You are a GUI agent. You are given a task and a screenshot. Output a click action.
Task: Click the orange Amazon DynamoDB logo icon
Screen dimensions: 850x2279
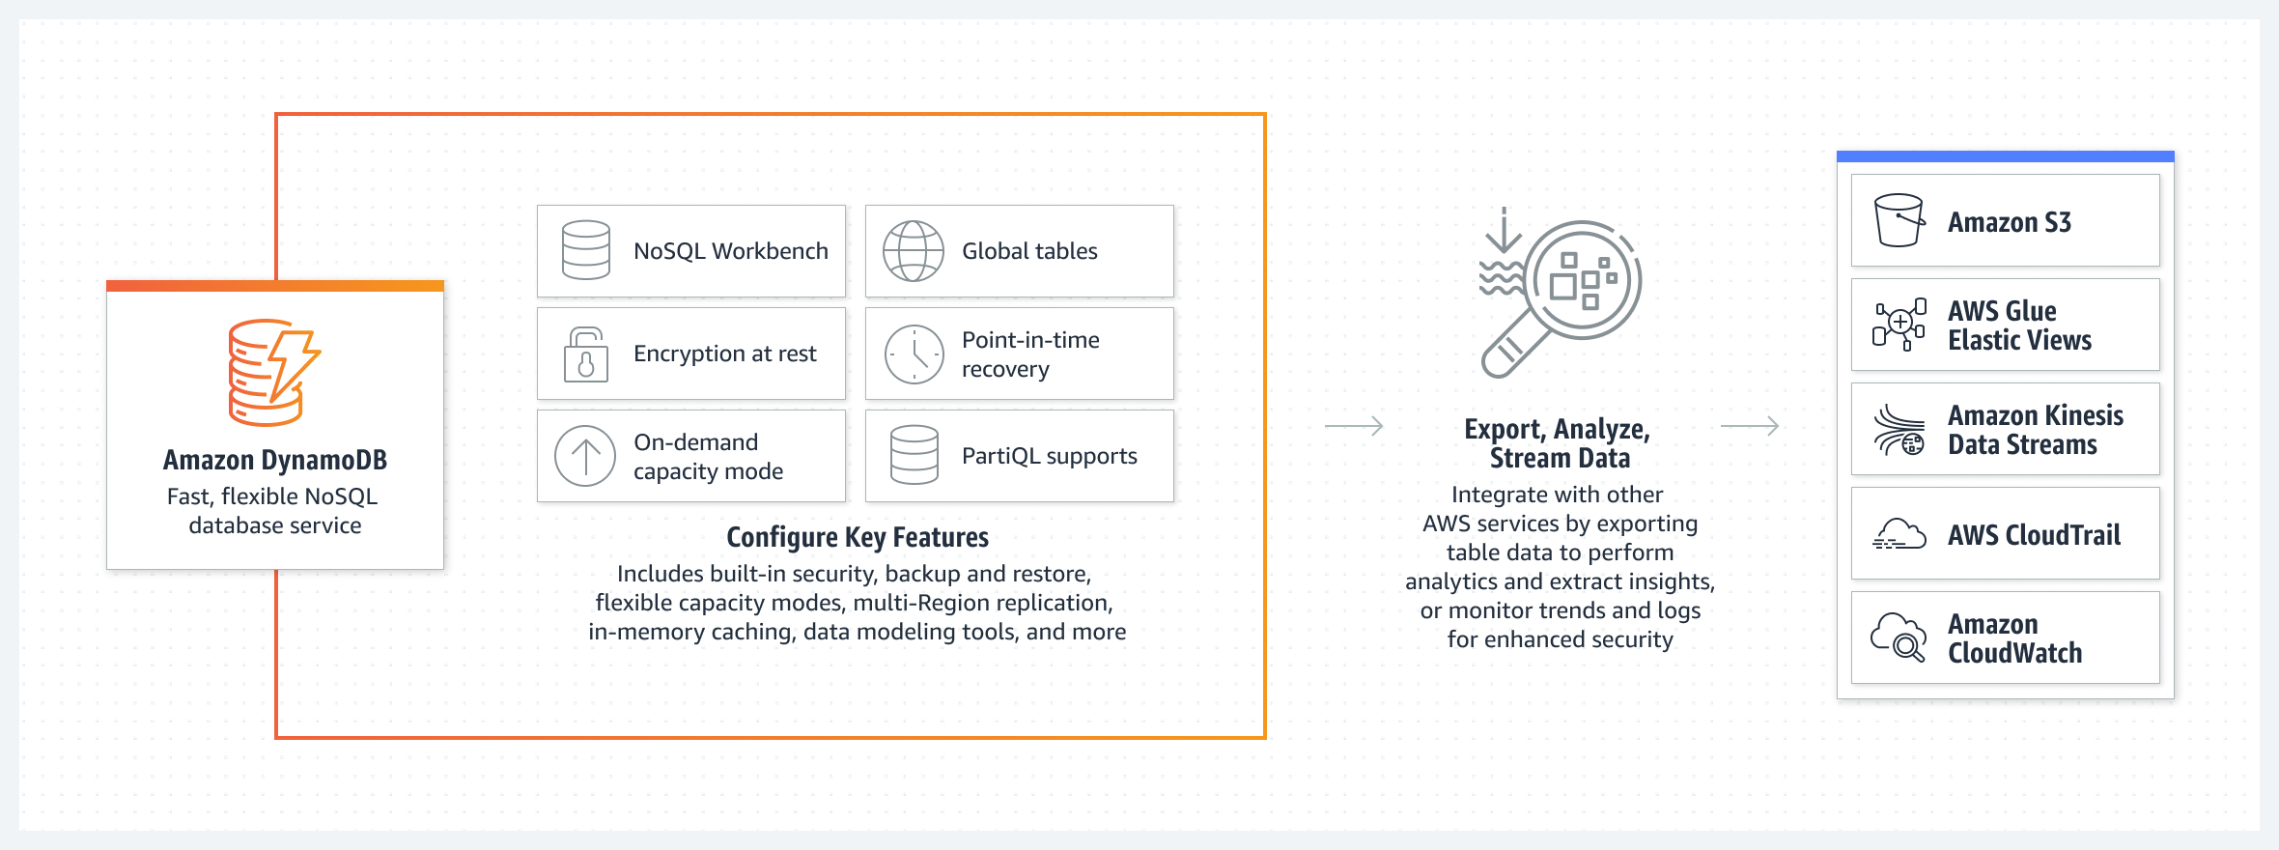coord(274,372)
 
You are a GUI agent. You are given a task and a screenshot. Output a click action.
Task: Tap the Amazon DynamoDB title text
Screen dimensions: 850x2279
coord(275,460)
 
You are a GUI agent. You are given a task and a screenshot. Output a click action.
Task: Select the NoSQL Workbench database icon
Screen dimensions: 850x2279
coord(586,250)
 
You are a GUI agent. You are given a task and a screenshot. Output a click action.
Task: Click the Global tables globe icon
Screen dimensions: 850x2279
coord(914,251)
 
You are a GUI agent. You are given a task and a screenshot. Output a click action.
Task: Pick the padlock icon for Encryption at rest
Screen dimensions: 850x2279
coord(586,354)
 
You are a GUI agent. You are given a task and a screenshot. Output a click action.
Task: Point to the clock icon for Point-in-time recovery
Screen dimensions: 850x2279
coord(914,354)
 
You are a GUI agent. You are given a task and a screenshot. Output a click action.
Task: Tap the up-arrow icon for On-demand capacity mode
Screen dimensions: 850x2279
coord(585,456)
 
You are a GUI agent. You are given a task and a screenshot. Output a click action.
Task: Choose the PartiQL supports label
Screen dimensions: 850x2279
coord(1049,456)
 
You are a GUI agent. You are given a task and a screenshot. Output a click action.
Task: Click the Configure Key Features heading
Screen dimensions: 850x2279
coord(858,537)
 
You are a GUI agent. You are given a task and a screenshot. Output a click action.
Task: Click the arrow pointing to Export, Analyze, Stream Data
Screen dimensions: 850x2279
coord(1354,426)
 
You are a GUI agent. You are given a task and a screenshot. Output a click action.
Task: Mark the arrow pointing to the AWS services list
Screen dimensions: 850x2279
coord(1750,426)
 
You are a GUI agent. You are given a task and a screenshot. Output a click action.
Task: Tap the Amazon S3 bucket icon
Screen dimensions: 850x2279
coord(1899,220)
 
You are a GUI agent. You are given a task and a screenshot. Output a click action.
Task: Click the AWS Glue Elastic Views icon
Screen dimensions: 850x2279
coord(1899,325)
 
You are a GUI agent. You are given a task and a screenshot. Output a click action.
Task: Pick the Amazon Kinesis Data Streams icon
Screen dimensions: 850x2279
coord(1899,430)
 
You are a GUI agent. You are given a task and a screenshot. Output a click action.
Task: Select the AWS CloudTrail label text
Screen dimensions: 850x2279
coord(2034,534)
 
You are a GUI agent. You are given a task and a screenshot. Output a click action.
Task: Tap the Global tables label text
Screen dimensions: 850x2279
coord(1029,251)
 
